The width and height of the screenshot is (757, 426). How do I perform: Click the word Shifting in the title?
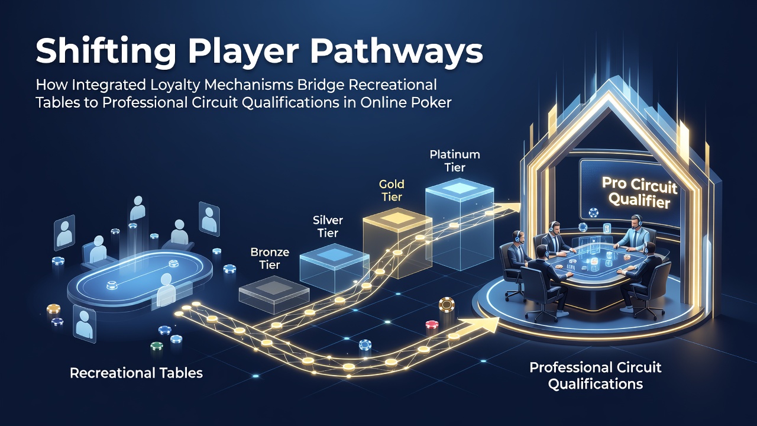click(x=105, y=51)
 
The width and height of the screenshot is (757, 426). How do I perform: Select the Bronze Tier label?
click(x=270, y=259)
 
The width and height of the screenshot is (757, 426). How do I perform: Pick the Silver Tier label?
click(x=328, y=227)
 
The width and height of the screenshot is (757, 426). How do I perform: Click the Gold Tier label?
click(x=392, y=191)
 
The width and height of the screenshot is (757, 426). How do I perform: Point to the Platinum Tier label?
click(x=455, y=161)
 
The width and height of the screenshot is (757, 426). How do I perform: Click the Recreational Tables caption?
click(x=136, y=373)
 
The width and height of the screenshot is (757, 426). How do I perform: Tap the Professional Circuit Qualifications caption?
click(x=596, y=376)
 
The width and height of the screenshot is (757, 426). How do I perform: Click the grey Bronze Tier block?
click(x=274, y=295)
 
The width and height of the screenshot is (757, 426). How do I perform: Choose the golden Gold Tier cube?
click(x=397, y=243)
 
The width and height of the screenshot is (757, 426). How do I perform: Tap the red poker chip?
click(x=432, y=326)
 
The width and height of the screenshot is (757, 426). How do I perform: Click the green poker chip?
click(x=157, y=346)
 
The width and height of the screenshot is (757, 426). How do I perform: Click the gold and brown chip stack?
click(x=447, y=305)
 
